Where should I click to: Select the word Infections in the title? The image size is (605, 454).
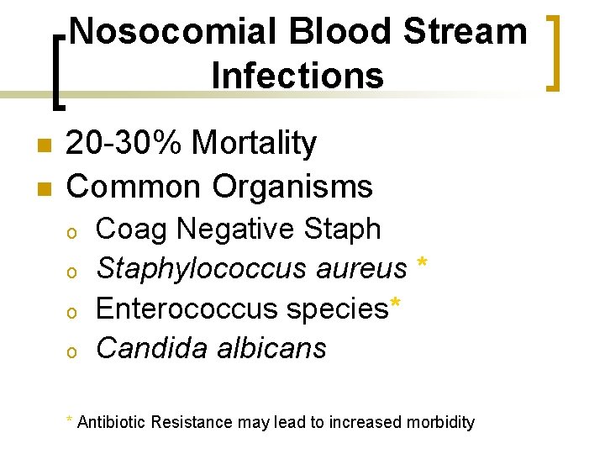coord(297,75)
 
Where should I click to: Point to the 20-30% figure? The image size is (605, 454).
coord(124,144)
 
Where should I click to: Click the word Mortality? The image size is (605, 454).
coord(255,144)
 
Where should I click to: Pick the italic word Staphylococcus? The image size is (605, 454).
coord(203,269)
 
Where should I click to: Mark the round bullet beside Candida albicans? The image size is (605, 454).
coord(73,350)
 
